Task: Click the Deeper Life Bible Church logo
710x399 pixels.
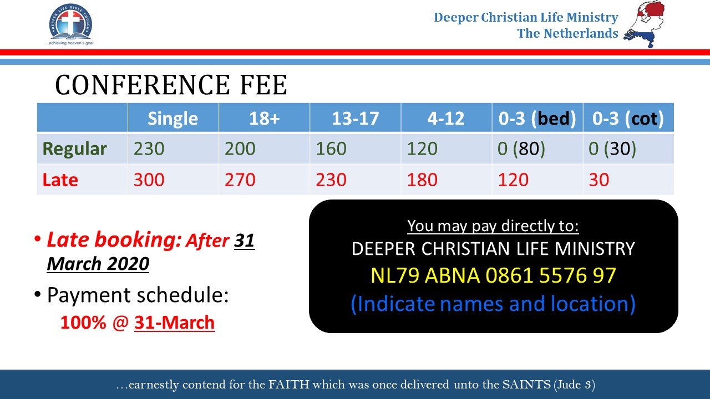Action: pyautogui.click(x=70, y=25)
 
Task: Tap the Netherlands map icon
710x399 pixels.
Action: pyautogui.click(x=644, y=24)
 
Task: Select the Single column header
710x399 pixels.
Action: pyautogui.click(x=173, y=119)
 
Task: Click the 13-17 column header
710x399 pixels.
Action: pyautogui.click(x=356, y=119)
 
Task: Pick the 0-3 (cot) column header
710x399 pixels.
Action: pyautogui.click(x=628, y=119)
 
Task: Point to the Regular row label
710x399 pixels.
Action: pyautogui.click(x=74, y=149)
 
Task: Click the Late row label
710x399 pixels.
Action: pyautogui.click(x=60, y=180)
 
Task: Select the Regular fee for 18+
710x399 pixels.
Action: pyautogui.click(x=240, y=149)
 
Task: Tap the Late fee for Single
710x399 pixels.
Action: pyautogui.click(x=149, y=180)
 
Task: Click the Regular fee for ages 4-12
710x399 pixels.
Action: pyautogui.click(x=422, y=149)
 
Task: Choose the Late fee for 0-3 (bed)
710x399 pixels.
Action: pyautogui.click(x=513, y=180)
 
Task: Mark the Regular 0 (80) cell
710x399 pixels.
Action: pyautogui.click(x=521, y=149)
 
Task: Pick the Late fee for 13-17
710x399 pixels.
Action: pyautogui.click(x=331, y=180)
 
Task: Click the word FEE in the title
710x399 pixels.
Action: pyautogui.click(x=263, y=85)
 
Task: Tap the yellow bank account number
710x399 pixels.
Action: pyautogui.click(x=493, y=275)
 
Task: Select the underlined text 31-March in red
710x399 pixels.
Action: pyautogui.click(x=174, y=323)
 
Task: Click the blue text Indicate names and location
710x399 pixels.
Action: pyautogui.click(x=493, y=304)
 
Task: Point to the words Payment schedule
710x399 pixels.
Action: pyautogui.click(x=138, y=295)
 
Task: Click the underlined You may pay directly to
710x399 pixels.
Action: pyautogui.click(x=493, y=226)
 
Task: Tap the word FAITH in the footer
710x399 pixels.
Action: pyautogui.click(x=289, y=385)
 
